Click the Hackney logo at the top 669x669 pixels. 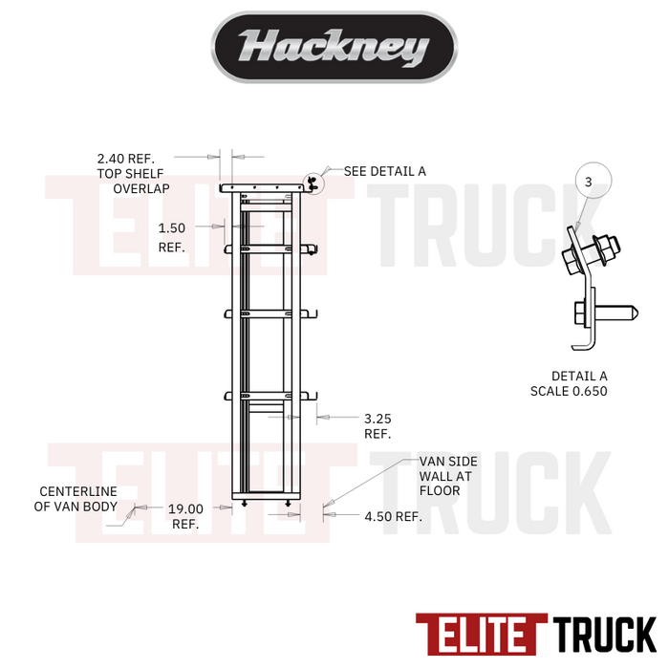pyautogui.click(x=334, y=47)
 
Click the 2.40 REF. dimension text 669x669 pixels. pyautogui.click(x=125, y=159)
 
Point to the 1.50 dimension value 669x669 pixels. pyautogui.click(x=172, y=228)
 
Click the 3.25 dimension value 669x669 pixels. pyautogui.click(x=378, y=419)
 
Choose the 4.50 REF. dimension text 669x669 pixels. pyautogui.click(x=393, y=517)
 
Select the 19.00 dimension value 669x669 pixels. pyautogui.click(x=185, y=509)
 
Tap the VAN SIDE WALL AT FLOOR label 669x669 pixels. pyautogui.click(x=448, y=476)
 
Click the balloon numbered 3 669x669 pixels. pyautogui.click(x=589, y=182)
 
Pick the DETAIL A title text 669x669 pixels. pyautogui.click(x=579, y=376)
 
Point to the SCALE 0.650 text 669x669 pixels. pyautogui.click(x=570, y=391)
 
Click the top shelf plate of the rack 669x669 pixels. pyautogui.click(x=262, y=189)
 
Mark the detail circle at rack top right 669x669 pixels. pyautogui.click(x=312, y=182)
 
